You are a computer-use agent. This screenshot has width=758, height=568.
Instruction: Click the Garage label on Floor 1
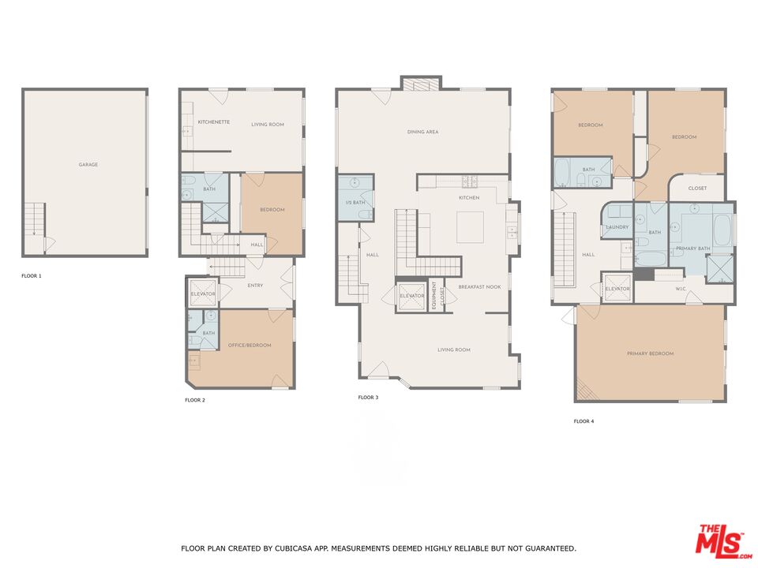tap(88, 165)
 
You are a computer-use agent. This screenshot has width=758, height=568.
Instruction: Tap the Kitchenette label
tap(214, 122)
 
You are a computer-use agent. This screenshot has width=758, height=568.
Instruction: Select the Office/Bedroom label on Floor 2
tap(250, 346)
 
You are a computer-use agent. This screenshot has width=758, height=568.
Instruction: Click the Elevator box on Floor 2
tap(203, 293)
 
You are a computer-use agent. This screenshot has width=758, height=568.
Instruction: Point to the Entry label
tap(255, 286)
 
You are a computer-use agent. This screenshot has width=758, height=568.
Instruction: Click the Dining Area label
tap(422, 132)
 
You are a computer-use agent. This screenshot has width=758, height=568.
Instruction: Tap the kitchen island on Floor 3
tap(470, 227)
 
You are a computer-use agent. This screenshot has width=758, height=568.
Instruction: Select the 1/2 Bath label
tap(355, 203)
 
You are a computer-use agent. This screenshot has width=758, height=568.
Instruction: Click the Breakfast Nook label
tap(479, 287)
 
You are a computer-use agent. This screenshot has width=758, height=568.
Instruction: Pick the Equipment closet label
tap(434, 296)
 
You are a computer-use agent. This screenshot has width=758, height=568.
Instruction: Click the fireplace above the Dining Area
tap(421, 83)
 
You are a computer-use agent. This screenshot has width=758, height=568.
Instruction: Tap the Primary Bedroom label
tap(650, 353)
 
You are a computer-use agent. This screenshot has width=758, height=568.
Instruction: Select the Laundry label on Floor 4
tap(617, 227)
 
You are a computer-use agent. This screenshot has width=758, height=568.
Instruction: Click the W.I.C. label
tap(681, 290)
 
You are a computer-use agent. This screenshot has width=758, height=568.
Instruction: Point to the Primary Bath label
tap(692, 248)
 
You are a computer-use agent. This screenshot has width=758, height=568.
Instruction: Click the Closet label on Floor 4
tap(697, 189)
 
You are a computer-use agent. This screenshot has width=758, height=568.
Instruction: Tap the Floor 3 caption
tap(368, 398)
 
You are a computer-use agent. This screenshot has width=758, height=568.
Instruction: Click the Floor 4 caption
tap(584, 421)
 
